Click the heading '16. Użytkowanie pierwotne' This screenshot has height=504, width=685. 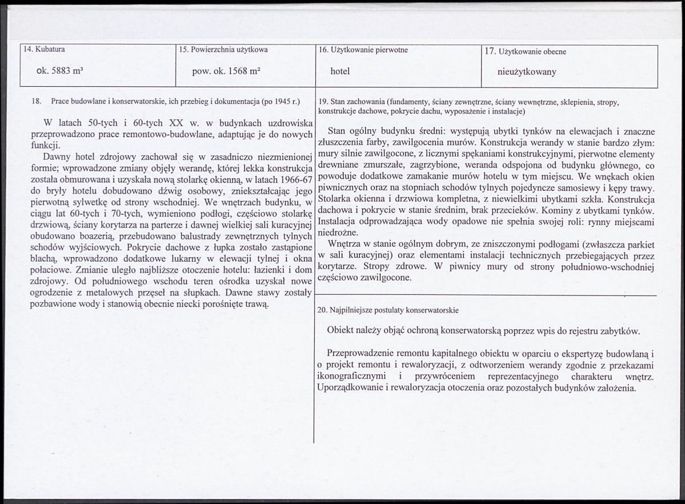pyautogui.click(x=363, y=50)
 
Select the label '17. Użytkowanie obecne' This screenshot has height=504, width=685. pyautogui.click(x=525, y=51)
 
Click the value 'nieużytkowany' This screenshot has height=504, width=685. pyautogui.click(x=527, y=73)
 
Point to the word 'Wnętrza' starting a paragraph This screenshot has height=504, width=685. pyautogui.click(x=346, y=245)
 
